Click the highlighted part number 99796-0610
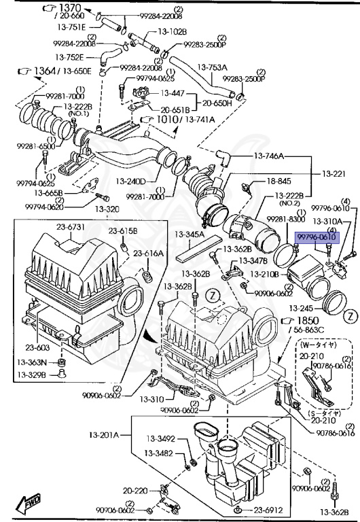click(317, 237)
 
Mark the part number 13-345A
click(189, 234)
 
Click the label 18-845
click(278, 181)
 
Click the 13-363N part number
click(33, 363)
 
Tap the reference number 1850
click(312, 320)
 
